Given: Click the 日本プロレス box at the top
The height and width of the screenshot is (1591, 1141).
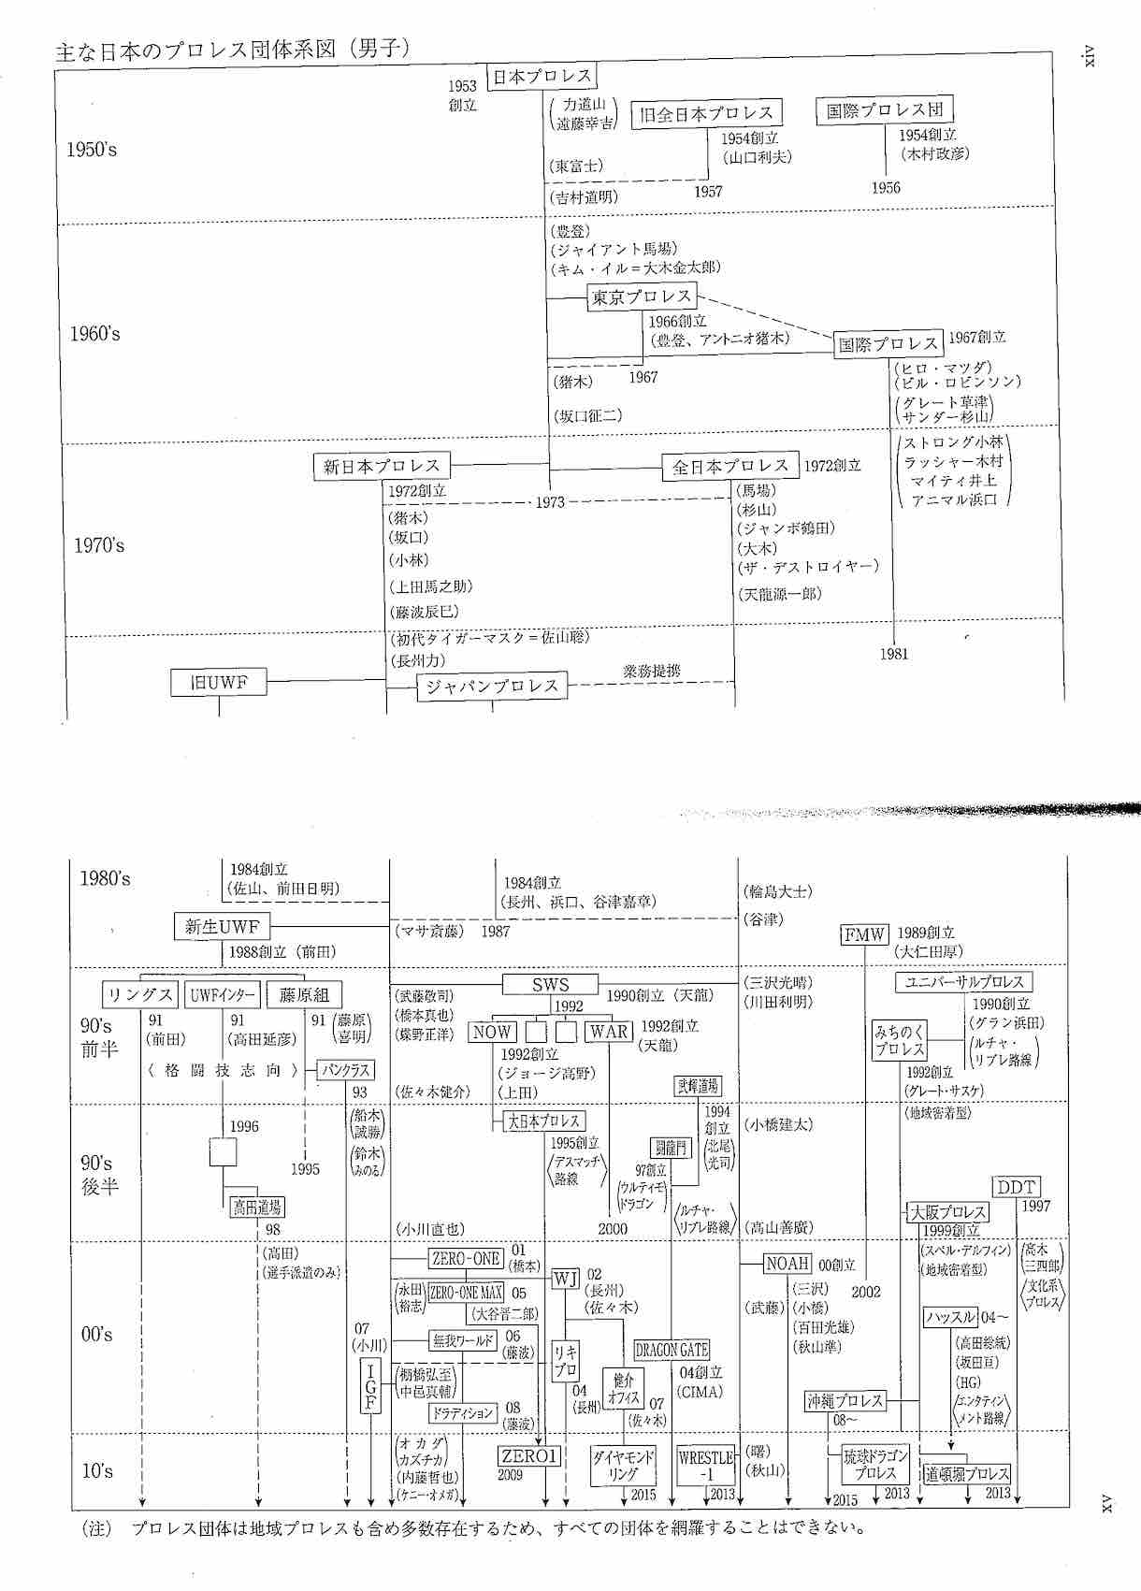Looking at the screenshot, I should tap(542, 77).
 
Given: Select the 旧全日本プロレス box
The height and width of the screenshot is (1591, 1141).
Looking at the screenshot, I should tap(706, 114).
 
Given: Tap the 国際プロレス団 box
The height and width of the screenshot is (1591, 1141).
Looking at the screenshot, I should tap(884, 110).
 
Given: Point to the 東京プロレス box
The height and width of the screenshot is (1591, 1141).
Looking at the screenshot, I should tap(642, 297).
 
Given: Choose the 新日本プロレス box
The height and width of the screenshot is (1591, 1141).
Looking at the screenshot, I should tap(381, 466).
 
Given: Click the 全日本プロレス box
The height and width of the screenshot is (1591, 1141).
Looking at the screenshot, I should tap(729, 467).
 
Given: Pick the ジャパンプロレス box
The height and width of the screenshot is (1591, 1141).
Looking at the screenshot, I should tap(492, 687).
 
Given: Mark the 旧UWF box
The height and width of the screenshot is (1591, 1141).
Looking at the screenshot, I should tap(219, 683).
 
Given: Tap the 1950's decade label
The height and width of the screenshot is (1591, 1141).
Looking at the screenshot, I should tap(92, 150).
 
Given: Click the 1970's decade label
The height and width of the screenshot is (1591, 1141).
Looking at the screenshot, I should tap(99, 545).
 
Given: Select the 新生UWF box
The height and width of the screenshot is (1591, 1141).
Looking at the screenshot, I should tap(222, 927).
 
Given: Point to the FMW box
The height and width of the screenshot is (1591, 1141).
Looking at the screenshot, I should tap(864, 934).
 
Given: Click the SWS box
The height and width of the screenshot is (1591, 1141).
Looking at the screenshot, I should tap(550, 985).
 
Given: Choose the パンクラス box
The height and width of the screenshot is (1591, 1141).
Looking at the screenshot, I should tap(345, 1070).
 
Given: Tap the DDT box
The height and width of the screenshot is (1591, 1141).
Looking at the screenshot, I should tap(1016, 1187).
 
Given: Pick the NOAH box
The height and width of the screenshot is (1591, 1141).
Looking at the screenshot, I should tap(787, 1264).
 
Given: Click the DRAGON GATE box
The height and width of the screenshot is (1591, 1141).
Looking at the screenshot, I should tap(672, 1350).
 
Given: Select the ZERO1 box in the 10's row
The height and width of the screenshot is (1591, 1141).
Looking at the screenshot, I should tap(528, 1456).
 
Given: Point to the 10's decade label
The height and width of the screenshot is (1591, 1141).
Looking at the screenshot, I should tap(97, 1471).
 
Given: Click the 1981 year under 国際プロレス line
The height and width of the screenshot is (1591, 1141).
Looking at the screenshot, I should tap(894, 654).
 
